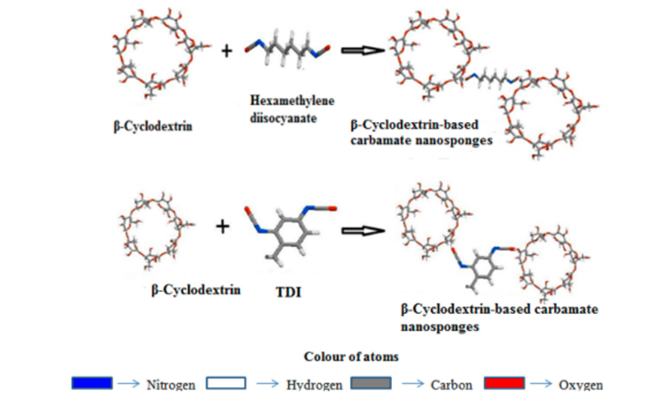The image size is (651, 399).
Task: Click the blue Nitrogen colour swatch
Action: (93, 384)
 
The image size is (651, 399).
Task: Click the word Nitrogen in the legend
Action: (172, 385)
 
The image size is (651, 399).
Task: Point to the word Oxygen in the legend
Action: (580, 385)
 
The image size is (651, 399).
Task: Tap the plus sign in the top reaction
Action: (227, 50)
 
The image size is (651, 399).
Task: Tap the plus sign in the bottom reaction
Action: (223, 226)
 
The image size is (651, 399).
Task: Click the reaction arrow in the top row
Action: (364, 50)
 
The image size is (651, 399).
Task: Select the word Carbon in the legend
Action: (452, 385)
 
